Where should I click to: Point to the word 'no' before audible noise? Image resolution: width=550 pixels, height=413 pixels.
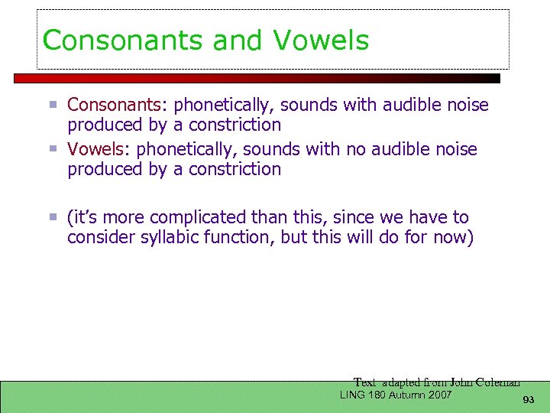click(355, 149)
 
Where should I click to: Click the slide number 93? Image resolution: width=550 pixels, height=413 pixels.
click(528, 401)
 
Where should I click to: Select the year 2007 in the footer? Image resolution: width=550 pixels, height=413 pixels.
click(438, 395)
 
